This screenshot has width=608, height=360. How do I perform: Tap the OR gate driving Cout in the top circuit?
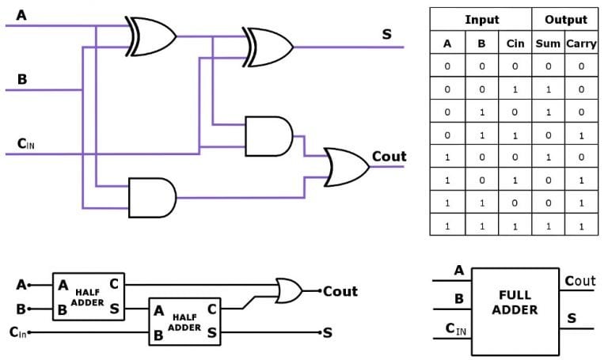click(x=347, y=166)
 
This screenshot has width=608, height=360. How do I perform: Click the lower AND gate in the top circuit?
click(x=153, y=196)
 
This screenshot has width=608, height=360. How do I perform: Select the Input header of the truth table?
click(x=481, y=19)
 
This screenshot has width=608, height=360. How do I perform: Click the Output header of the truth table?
click(x=565, y=19)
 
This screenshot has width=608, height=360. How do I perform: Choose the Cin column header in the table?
click(x=515, y=43)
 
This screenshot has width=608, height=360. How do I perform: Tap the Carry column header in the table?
click(x=580, y=43)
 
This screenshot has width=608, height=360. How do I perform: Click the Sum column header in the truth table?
click(x=548, y=43)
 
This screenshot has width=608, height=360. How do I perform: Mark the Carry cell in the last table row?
click(x=580, y=226)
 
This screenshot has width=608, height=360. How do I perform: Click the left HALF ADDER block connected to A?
click(x=88, y=296)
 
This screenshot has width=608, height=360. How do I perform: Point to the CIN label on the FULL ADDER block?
click(x=455, y=328)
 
